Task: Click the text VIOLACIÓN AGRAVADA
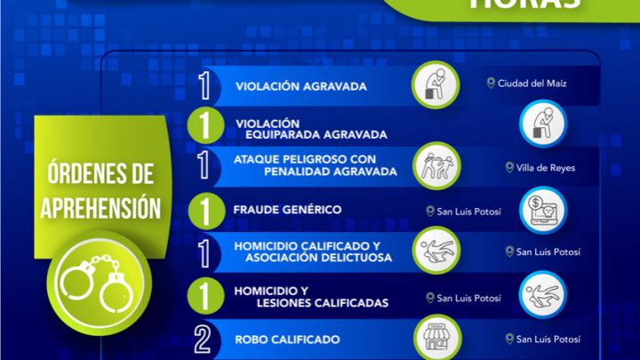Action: coord(289,87)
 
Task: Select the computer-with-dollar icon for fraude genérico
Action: coord(542,211)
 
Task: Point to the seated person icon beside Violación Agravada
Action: coord(436,84)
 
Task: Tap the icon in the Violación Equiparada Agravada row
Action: coord(542,124)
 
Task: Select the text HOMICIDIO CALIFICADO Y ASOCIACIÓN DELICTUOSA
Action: coord(307,252)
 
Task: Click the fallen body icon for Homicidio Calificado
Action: coord(436,252)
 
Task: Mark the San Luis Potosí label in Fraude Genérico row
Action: coord(463,211)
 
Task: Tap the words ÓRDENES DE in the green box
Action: coord(101,170)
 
